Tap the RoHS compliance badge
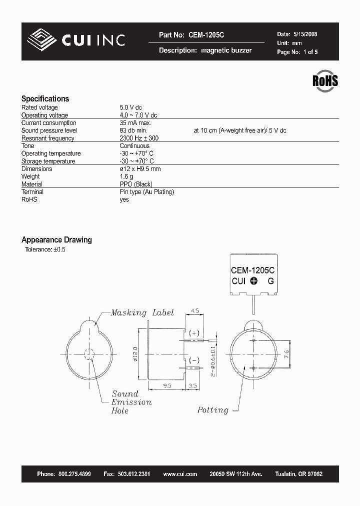pos(325,81)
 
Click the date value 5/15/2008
pos(304,34)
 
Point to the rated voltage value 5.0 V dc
pos(131,107)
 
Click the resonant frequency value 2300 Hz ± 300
pos(139,138)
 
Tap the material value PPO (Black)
pos(136,184)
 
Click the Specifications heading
pos(45,98)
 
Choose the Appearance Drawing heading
pos(56,240)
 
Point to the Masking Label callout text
pos(142,312)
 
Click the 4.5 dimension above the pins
pos(194,311)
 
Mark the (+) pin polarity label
pos(194,333)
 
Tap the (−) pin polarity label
pos(194,360)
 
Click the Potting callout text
pos(212,410)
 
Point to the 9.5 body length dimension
pos(167,386)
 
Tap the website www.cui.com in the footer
pos(180,474)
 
